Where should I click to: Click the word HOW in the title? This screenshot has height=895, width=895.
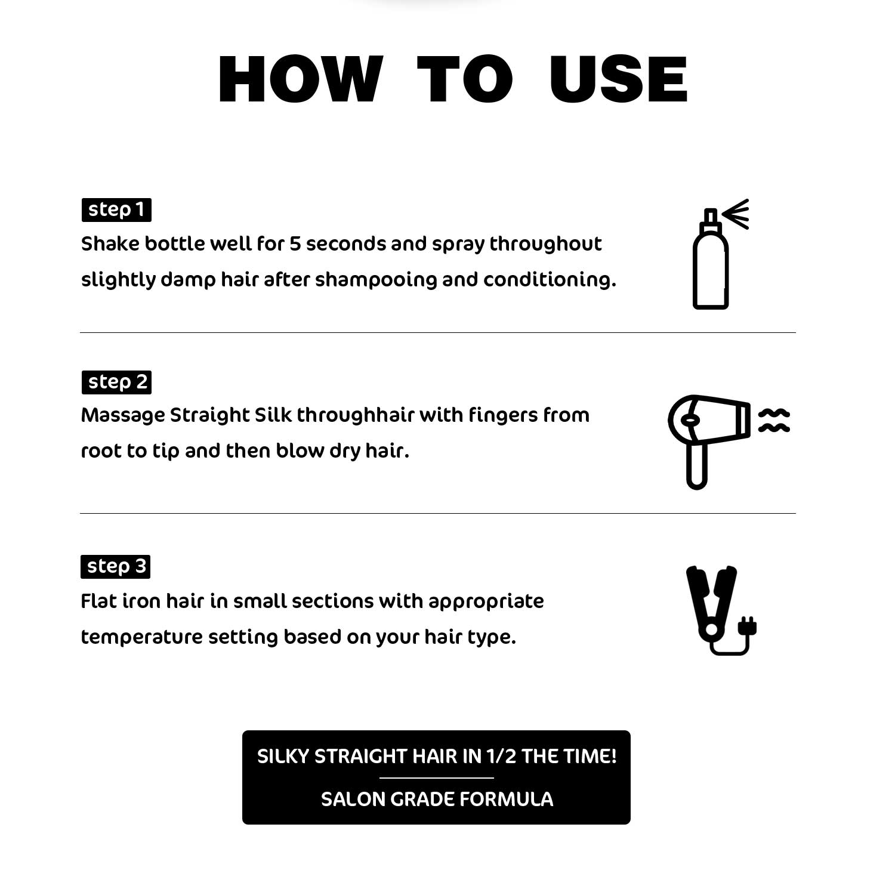300,79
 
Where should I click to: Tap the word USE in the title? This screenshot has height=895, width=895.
619,79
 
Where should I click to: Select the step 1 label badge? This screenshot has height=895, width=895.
116,210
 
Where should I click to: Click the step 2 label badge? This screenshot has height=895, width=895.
116,382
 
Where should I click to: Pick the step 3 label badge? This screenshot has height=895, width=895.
115,566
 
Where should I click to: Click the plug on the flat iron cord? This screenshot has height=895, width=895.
748,626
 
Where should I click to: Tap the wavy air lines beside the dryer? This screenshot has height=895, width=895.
774,420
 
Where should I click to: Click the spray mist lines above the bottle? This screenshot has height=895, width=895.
736,214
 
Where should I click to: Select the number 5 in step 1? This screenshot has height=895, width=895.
295,244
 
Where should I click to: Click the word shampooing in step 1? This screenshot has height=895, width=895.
376,279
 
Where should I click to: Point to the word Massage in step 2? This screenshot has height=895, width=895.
122,415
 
